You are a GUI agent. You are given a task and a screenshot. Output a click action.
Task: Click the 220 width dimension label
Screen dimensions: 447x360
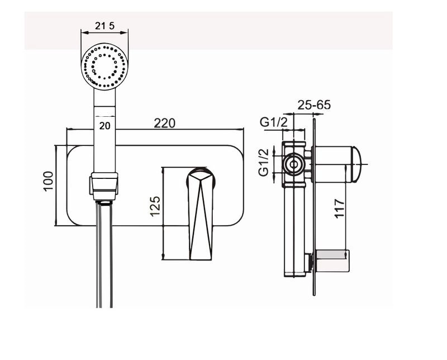pos(164,123)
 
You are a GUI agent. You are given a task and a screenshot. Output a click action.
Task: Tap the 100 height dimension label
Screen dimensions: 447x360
pos(48,181)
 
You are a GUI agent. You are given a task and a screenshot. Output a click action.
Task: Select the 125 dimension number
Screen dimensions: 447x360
pos(155,206)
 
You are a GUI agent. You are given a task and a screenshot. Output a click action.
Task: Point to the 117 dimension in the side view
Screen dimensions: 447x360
pos(339,209)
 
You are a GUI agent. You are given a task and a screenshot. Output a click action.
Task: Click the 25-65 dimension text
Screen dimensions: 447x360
pos(314,105)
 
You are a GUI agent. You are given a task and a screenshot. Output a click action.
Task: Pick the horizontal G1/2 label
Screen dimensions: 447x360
pos(273,122)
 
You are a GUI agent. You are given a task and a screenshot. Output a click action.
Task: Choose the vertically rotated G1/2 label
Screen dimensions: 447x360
pos(264,162)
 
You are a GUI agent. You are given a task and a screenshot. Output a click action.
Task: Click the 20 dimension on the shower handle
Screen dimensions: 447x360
pos(104,126)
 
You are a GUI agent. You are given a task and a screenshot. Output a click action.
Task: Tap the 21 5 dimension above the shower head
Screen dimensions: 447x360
pos(104,26)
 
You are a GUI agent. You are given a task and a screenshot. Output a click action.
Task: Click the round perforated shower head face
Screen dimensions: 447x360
pos(104,67)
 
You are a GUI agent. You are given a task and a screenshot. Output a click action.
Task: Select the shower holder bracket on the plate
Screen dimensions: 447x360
pos(104,186)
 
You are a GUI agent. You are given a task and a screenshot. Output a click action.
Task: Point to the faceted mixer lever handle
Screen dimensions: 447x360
pos(200,214)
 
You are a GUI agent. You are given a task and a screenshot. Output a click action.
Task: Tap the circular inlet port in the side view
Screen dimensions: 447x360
pos(293,164)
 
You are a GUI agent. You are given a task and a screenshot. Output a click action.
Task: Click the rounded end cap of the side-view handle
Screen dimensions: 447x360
pos(356,164)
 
